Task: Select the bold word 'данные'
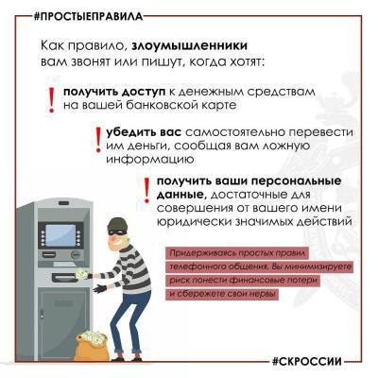[x=180, y=193]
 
